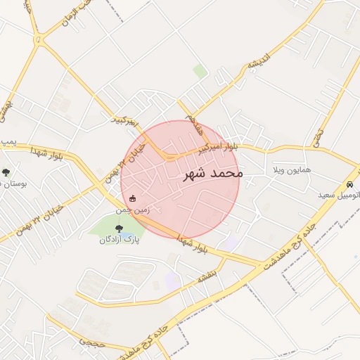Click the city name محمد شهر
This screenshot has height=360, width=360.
[212, 173]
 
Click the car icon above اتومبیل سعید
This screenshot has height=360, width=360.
[349, 184]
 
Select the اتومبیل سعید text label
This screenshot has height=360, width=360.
[340, 195]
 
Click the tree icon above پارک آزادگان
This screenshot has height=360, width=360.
[118, 228]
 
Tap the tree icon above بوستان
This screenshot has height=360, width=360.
[6, 172]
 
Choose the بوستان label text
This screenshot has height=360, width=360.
[13, 184]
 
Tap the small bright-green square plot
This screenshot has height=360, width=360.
[200, 71]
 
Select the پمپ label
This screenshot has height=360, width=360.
[8, 143]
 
